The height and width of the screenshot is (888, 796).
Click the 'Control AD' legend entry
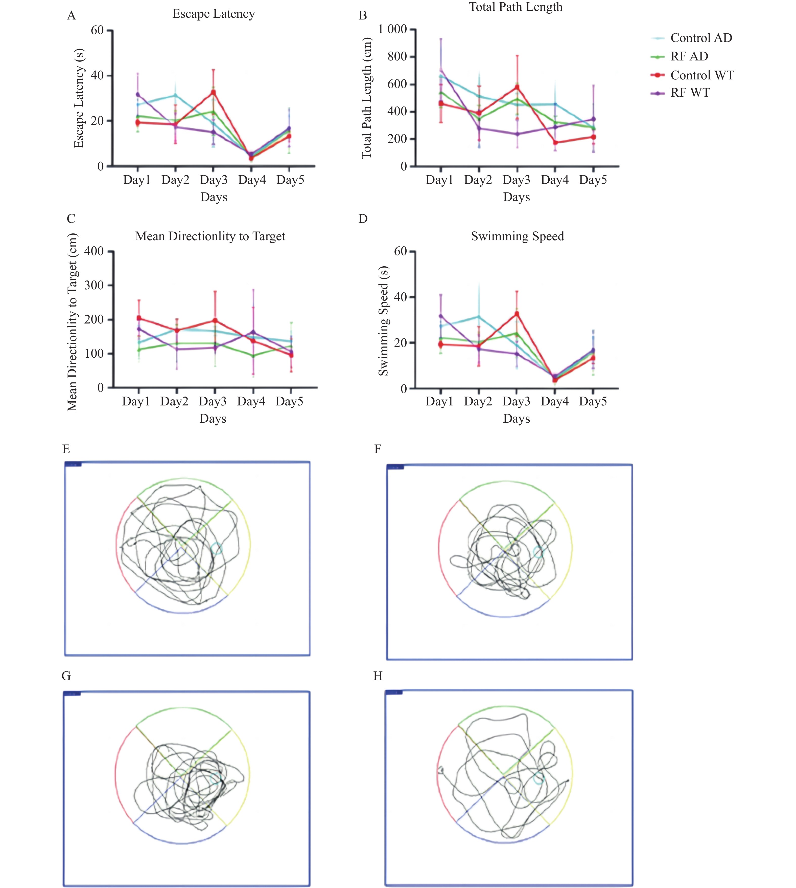pos(701,38)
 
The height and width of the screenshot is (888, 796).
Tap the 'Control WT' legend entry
pos(701,75)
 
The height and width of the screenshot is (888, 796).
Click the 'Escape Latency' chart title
pos(214,14)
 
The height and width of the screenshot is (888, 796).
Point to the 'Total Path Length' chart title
pos(516,7)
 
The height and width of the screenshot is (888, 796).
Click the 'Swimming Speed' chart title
pos(518,236)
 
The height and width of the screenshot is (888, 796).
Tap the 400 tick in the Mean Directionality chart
pos(95,251)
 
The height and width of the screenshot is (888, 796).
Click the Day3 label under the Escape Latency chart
pos(214,180)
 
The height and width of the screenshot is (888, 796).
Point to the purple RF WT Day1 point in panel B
pos(441,71)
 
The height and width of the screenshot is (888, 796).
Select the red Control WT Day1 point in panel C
pos(139,318)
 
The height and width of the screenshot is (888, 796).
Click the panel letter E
pos(66,449)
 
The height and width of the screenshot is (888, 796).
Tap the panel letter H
pos(378,676)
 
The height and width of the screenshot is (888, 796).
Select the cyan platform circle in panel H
pos(539,778)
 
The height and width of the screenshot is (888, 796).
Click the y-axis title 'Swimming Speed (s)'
pos(384,321)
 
